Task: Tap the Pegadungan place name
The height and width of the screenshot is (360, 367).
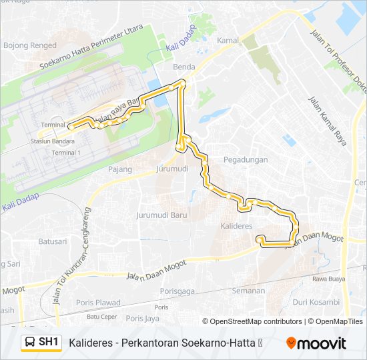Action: point(246,160)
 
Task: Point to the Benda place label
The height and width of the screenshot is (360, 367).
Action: point(183,68)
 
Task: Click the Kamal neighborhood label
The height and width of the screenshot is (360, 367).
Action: point(228,41)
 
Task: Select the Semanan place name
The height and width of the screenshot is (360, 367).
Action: point(248,291)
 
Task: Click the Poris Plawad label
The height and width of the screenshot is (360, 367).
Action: point(98,303)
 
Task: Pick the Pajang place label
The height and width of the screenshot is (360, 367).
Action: point(121,169)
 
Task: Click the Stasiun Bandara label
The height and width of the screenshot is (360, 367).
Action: point(52,141)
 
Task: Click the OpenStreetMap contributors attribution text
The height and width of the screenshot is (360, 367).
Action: point(256,321)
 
